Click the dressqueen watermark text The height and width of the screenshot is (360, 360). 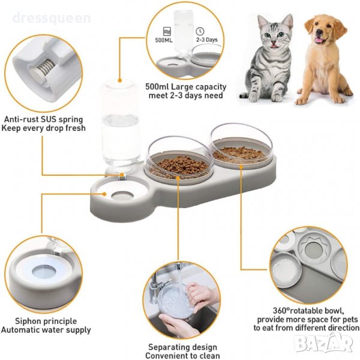pyautogui.click(x=52, y=19)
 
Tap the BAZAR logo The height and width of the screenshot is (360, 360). pyautogui.click(x=324, y=343)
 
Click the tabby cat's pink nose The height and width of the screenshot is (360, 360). pyautogui.click(x=274, y=43)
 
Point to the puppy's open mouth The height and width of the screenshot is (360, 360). pyautogui.click(x=319, y=40)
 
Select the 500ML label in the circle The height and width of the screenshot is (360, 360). pyautogui.click(x=164, y=40)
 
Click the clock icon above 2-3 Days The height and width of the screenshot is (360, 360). pyautogui.click(x=200, y=31)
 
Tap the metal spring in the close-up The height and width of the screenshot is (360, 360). pyautogui.click(x=43, y=68)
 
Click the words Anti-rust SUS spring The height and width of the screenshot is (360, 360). pyautogui.click(x=43, y=119)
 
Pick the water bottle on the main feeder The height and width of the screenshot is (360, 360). pyautogui.click(x=120, y=128)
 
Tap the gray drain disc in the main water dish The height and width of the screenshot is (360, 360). pyautogui.click(x=122, y=196)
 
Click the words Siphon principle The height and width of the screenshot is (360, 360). pyautogui.click(x=46, y=321)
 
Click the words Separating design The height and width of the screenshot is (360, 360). pyautogui.click(x=182, y=347)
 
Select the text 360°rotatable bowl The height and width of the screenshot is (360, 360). pyautogui.click(x=308, y=311)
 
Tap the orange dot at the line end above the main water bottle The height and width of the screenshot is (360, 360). pyautogui.click(x=120, y=80)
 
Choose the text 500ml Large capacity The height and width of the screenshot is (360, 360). pyautogui.click(x=186, y=87)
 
